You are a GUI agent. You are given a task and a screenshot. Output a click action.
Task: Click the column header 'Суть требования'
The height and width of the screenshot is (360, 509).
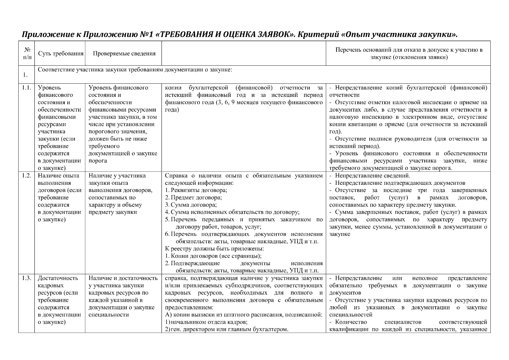61,54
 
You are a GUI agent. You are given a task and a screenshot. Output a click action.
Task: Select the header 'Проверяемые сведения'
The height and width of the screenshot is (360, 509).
124,54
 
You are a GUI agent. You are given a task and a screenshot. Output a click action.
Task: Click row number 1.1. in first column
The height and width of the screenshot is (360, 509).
27,88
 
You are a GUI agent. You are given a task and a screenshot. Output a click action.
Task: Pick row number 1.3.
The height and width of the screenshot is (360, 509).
27,278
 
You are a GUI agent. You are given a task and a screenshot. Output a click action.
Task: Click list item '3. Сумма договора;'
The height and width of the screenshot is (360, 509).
191,205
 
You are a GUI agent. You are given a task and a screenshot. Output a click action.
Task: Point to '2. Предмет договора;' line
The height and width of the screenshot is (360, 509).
193,198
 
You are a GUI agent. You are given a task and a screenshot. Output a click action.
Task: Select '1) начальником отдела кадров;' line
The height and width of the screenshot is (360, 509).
206,322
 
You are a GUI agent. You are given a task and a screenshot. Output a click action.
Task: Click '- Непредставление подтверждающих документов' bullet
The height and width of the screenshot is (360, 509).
397,183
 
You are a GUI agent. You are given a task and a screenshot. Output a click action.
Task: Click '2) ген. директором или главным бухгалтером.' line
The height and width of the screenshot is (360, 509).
227,329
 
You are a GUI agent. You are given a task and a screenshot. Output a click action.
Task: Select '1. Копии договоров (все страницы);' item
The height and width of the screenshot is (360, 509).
213,256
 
